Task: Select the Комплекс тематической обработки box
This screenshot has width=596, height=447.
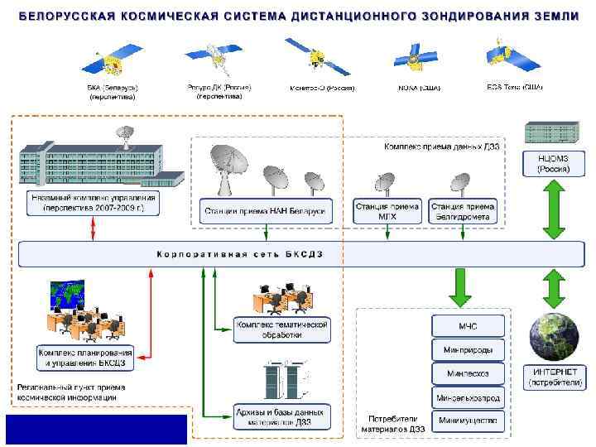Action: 281,329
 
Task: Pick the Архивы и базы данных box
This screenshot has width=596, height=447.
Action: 281,417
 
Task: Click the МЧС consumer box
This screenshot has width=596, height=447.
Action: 467,324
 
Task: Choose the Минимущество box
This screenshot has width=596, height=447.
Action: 467,421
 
